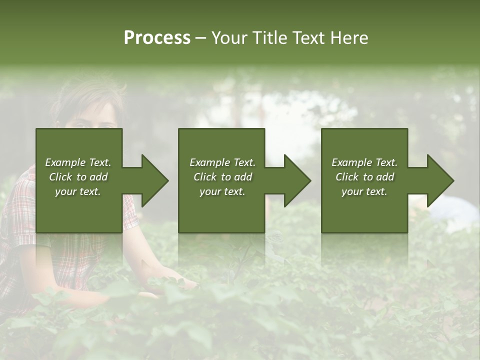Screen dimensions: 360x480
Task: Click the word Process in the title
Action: [x=157, y=38]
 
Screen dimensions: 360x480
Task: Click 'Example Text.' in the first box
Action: [x=78, y=162]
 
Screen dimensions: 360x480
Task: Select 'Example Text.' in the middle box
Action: [x=222, y=162]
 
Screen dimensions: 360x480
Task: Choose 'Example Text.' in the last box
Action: [x=364, y=162]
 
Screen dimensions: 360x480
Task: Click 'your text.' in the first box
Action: [x=78, y=191]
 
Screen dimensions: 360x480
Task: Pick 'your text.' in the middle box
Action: [x=222, y=191]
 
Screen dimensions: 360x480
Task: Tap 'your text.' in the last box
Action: [x=364, y=191]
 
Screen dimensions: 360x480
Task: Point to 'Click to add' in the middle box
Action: [x=222, y=177]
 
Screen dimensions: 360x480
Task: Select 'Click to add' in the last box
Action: [x=364, y=177]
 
